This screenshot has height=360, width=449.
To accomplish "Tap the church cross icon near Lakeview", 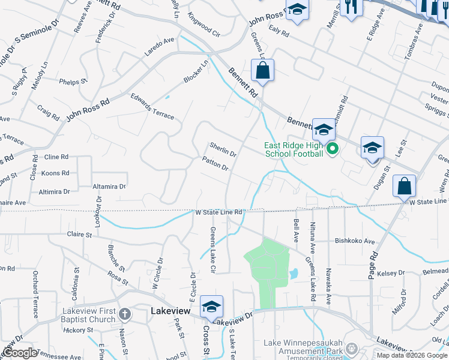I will [125, 314].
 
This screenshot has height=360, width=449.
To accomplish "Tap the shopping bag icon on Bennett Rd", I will [263, 71].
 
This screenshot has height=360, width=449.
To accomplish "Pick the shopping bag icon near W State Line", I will [405, 187].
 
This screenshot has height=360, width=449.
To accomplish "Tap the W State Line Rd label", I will [218, 212].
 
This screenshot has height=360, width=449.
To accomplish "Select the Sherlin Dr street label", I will [223, 149].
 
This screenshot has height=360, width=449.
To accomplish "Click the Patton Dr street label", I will [215, 163].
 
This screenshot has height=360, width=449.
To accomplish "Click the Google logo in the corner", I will [20, 353].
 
